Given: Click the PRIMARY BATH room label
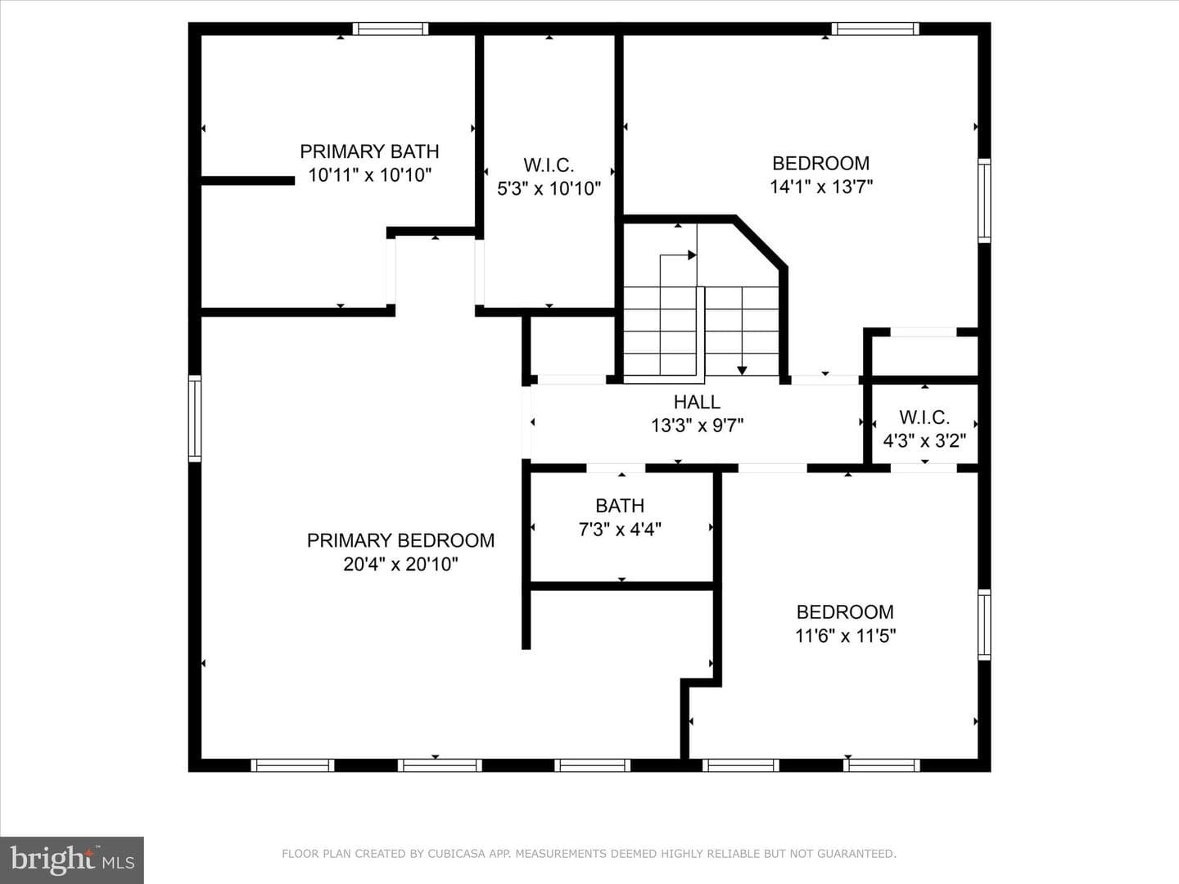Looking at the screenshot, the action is click(369, 151).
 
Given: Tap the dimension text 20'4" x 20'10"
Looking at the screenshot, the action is click(400, 564).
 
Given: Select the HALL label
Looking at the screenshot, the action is click(698, 402).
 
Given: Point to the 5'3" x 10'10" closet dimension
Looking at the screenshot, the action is click(549, 188).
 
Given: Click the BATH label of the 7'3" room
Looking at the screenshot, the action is click(620, 506).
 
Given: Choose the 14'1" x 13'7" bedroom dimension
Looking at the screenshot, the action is click(821, 187).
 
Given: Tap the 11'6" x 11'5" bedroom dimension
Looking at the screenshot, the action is click(846, 636).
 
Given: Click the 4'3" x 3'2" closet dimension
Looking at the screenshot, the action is click(924, 440).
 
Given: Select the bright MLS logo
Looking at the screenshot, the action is click(72, 860).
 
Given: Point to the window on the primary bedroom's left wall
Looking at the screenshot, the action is click(194, 418).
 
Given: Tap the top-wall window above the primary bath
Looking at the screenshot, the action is click(391, 29).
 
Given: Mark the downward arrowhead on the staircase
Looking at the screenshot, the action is click(742, 370).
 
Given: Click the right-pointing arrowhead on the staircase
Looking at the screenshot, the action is click(693, 255).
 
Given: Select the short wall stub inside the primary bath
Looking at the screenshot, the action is click(247, 181).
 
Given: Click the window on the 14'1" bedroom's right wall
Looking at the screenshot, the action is click(984, 201).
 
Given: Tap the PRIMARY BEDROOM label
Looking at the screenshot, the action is click(400, 540).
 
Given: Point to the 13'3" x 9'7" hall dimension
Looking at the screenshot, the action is click(698, 426).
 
